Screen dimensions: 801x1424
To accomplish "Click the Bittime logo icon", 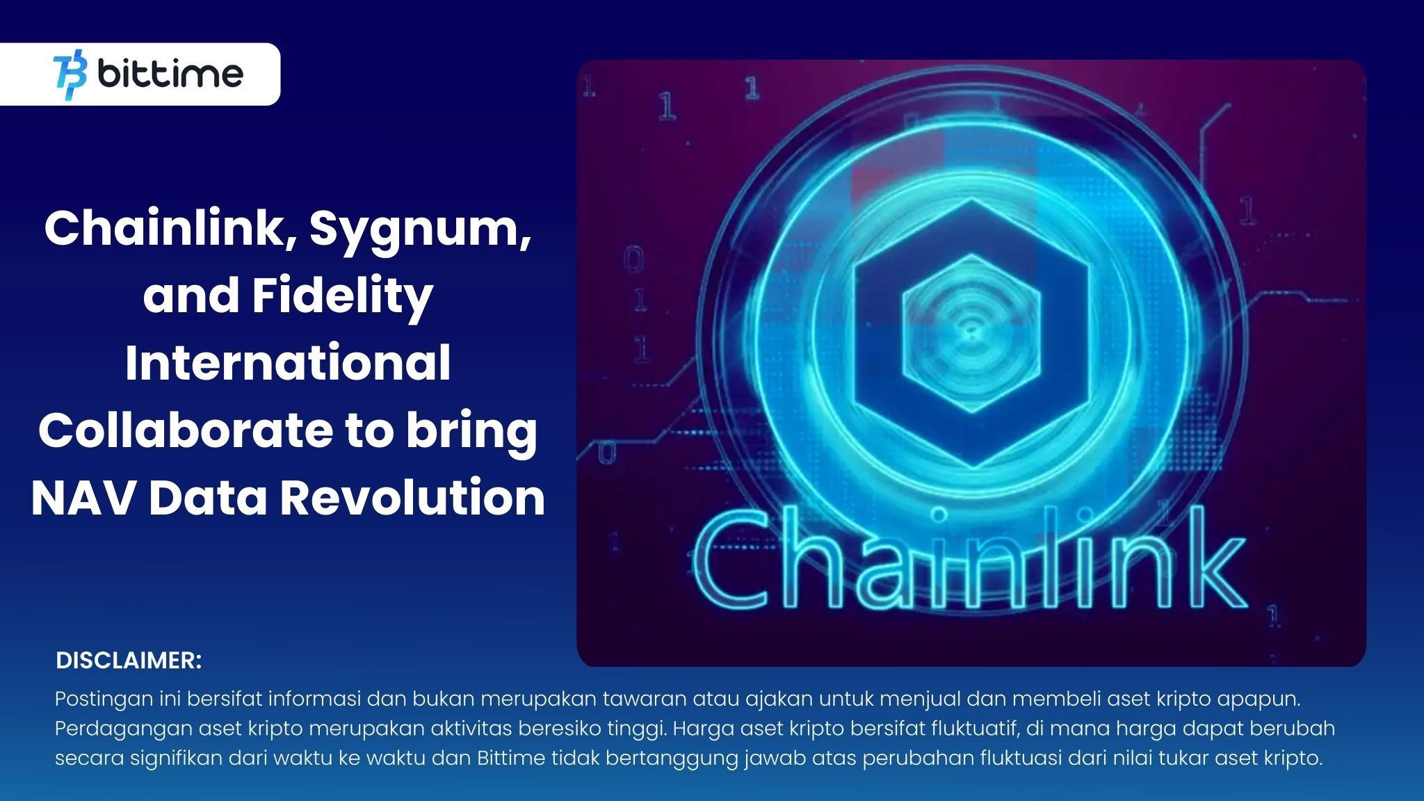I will point(70,74).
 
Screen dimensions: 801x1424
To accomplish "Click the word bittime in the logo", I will point(171,74).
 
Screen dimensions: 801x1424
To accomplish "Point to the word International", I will point(288,364).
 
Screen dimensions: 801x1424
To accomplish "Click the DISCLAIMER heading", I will point(129,661).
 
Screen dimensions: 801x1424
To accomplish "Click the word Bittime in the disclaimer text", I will point(510,758).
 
